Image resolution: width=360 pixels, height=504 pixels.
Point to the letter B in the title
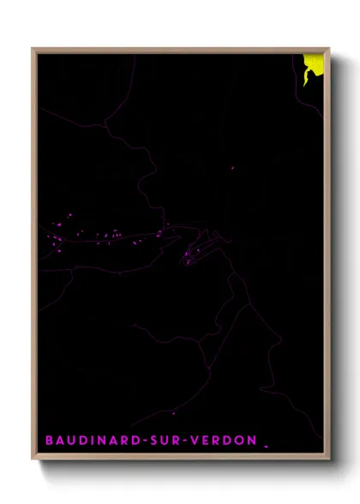point(49,441)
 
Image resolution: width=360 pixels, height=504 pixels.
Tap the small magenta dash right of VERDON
point(267,446)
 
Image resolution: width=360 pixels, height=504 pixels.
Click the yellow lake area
point(316,63)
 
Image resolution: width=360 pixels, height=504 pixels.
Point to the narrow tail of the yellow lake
point(306,81)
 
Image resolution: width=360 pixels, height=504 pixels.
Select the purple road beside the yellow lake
point(299,94)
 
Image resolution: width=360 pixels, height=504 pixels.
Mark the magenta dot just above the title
point(174,413)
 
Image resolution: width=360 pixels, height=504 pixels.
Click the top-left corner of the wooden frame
point(33,49)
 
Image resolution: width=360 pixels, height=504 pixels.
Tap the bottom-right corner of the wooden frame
point(330,460)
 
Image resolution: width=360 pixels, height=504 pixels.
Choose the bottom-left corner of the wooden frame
point(33,460)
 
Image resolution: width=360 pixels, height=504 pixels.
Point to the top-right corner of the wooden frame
point(330,49)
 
